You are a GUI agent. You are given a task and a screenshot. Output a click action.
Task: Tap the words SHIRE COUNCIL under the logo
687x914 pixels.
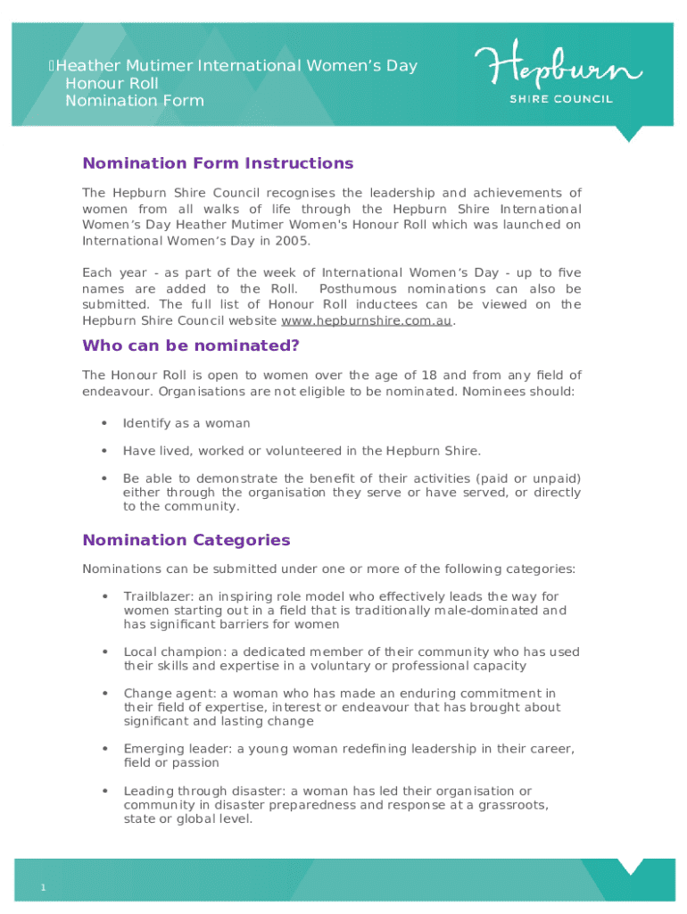pos(560,99)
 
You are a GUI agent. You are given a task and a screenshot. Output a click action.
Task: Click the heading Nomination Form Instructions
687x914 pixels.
pos(218,163)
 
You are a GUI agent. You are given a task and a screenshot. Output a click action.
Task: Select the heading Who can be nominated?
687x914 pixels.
pos(191,345)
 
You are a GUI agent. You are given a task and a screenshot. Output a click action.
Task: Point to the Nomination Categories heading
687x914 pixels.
pos(186,540)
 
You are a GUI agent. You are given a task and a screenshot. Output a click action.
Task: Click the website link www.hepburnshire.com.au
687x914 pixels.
pos(367,320)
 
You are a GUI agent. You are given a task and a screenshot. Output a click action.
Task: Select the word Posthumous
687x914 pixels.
pos(359,289)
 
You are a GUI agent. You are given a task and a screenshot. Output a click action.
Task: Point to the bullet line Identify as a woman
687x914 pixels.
pos(186,423)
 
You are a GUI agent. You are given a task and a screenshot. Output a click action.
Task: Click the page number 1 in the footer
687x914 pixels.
pos(42,886)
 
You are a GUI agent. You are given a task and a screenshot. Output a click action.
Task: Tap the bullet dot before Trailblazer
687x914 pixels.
pos(105,596)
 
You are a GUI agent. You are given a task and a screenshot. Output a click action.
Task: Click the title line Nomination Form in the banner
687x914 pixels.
pos(135,100)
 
